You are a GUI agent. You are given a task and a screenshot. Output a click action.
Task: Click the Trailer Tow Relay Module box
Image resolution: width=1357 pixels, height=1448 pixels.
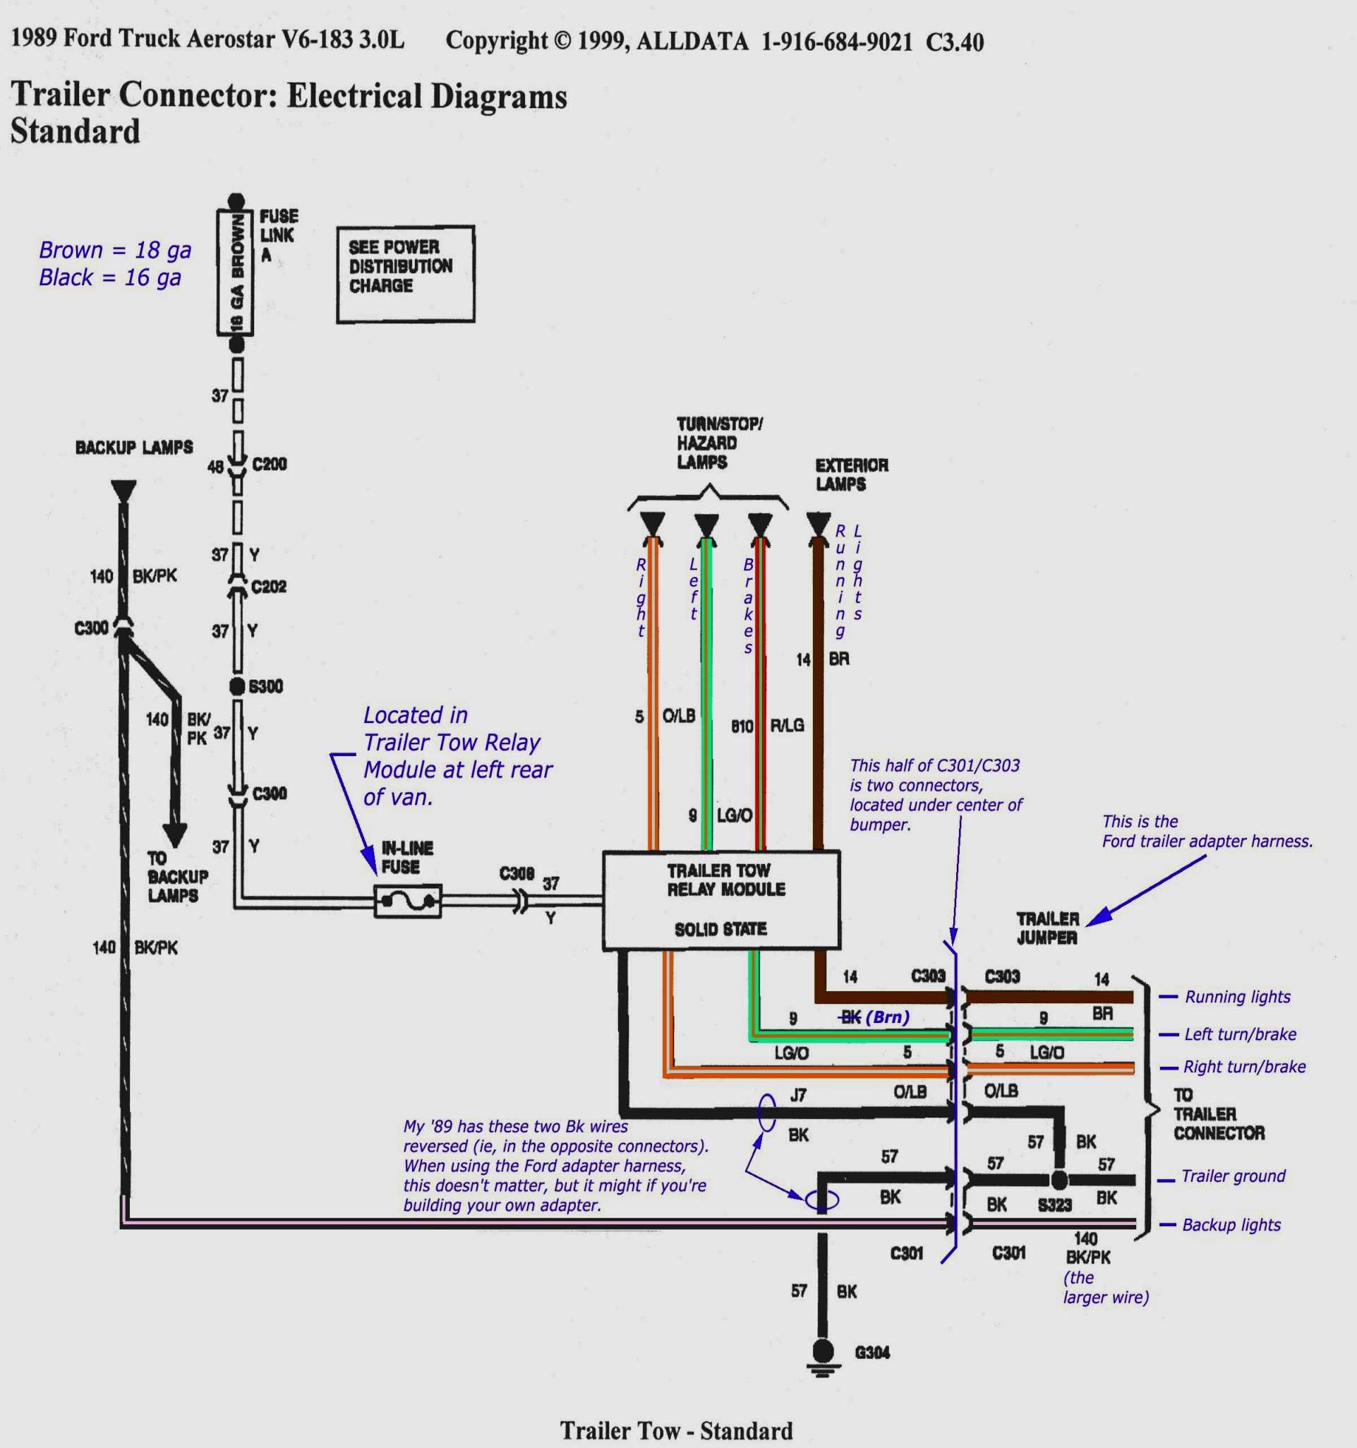[x=720, y=900]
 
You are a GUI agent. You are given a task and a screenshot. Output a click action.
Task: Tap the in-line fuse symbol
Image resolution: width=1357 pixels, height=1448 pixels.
[x=408, y=902]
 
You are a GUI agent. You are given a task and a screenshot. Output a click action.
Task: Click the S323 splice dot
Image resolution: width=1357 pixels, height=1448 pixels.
[x=1059, y=1180]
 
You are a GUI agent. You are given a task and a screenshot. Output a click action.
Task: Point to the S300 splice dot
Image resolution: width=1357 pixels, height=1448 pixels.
[x=236, y=686]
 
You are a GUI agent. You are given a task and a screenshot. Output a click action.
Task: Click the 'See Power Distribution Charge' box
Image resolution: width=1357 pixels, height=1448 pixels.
[x=406, y=274]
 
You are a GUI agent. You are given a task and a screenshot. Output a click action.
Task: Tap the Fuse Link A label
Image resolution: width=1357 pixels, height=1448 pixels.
[x=277, y=235]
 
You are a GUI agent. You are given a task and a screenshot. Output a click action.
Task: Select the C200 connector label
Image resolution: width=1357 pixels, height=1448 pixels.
[x=270, y=464]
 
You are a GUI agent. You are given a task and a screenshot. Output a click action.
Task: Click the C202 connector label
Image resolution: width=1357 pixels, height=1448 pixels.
[x=268, y=587]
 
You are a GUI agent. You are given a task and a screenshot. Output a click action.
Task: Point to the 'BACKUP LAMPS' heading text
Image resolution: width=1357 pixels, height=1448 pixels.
[x=134, y=447]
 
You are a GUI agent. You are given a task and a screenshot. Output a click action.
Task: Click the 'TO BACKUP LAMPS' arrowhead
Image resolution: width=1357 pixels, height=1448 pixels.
[x=175, y=834]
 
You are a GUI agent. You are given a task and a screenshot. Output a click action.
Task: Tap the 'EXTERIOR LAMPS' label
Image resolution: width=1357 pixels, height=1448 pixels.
[x=851, y=474]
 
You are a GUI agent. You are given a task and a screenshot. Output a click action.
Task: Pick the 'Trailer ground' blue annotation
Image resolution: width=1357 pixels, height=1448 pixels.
[x=1233, y=1176]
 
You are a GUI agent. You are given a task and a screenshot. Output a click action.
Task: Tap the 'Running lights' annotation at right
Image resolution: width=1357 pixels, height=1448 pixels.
[x=1237, y=997]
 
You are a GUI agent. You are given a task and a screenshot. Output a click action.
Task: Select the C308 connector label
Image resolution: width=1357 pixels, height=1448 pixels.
[x=516, y=873]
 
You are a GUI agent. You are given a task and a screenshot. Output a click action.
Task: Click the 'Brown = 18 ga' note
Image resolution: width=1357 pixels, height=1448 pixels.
[x=115, y=250]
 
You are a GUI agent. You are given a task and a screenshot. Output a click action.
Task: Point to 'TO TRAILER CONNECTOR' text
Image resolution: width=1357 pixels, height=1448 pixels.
[x=1218, y=1113]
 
